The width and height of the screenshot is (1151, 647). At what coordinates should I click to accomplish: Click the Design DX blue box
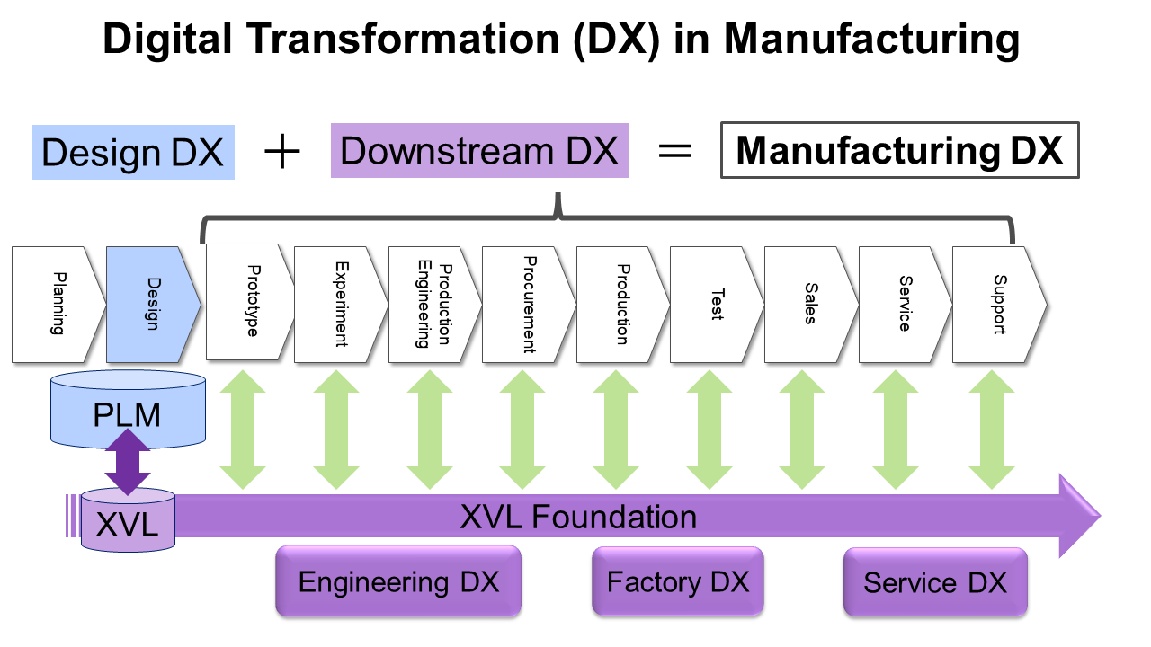point(133,152)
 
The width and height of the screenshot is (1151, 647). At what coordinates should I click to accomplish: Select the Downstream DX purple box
point(479,151)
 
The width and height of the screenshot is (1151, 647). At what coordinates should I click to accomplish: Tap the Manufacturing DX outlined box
point(898,151)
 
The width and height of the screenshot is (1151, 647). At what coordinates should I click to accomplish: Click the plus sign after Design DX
point(282,152)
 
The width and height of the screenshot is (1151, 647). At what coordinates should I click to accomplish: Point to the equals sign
point(675,151)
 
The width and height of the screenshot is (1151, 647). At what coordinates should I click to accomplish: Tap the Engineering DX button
point(398,581)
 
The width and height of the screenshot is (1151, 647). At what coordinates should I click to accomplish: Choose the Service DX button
point(935,582)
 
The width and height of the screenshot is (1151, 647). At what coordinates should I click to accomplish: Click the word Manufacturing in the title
point(871,40)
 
